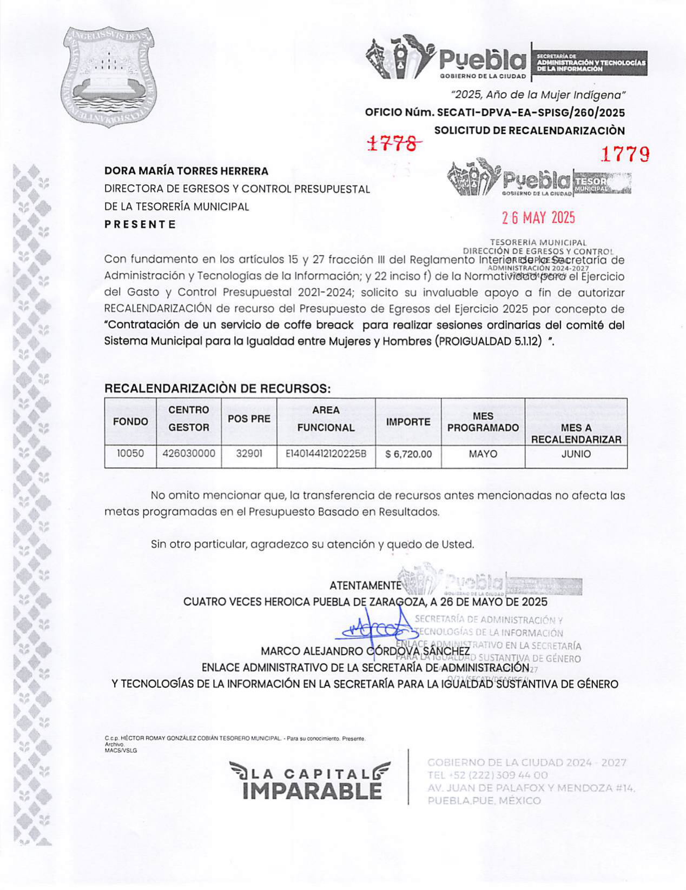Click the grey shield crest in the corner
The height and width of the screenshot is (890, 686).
click(109, 72)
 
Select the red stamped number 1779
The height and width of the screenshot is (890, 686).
click(625, 155)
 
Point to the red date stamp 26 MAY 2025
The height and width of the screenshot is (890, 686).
click(538, 218)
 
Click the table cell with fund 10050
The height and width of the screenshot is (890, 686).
click(130, 454)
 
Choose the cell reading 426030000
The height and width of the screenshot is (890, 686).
click(188, 454)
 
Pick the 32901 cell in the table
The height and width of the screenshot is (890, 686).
click(249, 454)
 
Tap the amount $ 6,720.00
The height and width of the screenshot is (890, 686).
click(408, 454)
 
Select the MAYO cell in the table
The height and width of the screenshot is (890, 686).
click(483, 454)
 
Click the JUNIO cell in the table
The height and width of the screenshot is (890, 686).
click(576, 454)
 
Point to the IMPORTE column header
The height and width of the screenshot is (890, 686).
click(408, 422)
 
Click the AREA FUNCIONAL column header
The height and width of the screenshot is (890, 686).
click(326, 419)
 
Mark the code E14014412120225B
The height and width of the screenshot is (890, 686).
click(326, 454)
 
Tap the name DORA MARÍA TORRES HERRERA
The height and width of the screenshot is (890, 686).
click(186, 171)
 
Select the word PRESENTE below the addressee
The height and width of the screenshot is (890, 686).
click(140, 224)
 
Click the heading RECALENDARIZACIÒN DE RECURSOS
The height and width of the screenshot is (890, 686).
click(217, 388)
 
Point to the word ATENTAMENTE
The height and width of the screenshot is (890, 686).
click(365, 586)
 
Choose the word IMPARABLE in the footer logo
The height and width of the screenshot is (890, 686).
click(312, 791)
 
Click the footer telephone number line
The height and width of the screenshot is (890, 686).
click(487, 775)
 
